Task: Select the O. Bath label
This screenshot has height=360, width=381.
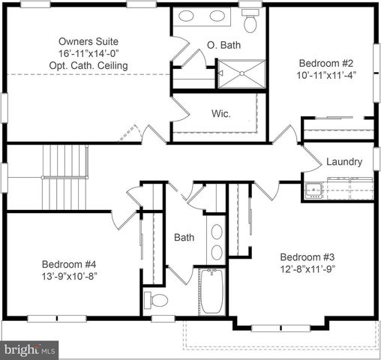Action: pyautogui.click(x=224, y=46)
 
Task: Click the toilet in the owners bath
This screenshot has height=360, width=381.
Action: pyautogui.click(x=250, y=23)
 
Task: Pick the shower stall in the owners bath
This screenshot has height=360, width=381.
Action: pyautogui.click(x=241, y=74)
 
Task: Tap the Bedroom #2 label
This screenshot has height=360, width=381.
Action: pyautogui.click(x=325, y=62)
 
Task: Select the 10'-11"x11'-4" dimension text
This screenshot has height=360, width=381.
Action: pyautogui.click(x=325, y=75)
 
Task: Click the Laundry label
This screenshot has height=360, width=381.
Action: pyautogui.click(x=344, y=161)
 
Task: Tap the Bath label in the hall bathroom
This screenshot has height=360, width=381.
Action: pyautogui.click(x=184, y=237)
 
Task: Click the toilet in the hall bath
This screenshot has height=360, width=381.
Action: pyautogui.click(x=157, y=300)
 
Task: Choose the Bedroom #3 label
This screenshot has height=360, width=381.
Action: pyautogui.click(x=306, y=255)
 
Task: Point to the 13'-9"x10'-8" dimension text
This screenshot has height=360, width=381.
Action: pyautogui.click(x=69, y=276)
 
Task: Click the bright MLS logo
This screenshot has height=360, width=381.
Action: pyautogui.click(x=30, y=349)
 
